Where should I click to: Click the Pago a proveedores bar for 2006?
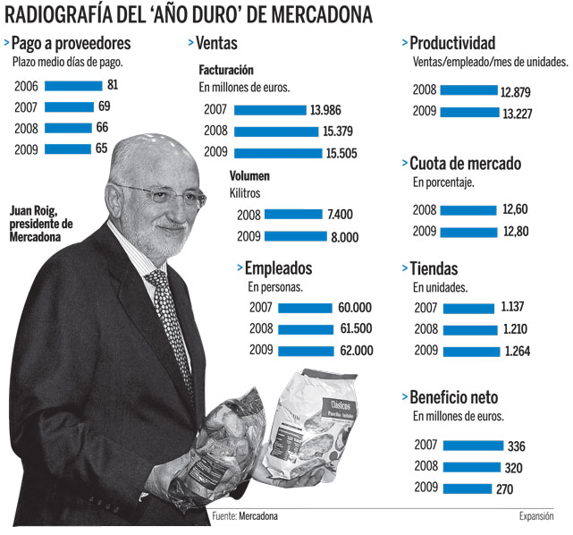[73, 86]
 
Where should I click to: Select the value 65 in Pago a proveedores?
[100, 149]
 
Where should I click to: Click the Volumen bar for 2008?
[293, 215]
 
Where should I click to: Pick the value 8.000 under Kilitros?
[343, 237]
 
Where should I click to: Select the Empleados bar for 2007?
[305, 307]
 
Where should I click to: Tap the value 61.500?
[356, 328]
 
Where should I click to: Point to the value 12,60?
[516, 210]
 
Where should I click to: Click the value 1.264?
[518, 352]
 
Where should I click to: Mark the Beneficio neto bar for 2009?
[467, 488]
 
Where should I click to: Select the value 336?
[516, 446]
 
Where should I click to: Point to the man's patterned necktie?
[170, 322]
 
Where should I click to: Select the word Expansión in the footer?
[536, 516]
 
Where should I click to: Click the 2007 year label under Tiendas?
[426, 309]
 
